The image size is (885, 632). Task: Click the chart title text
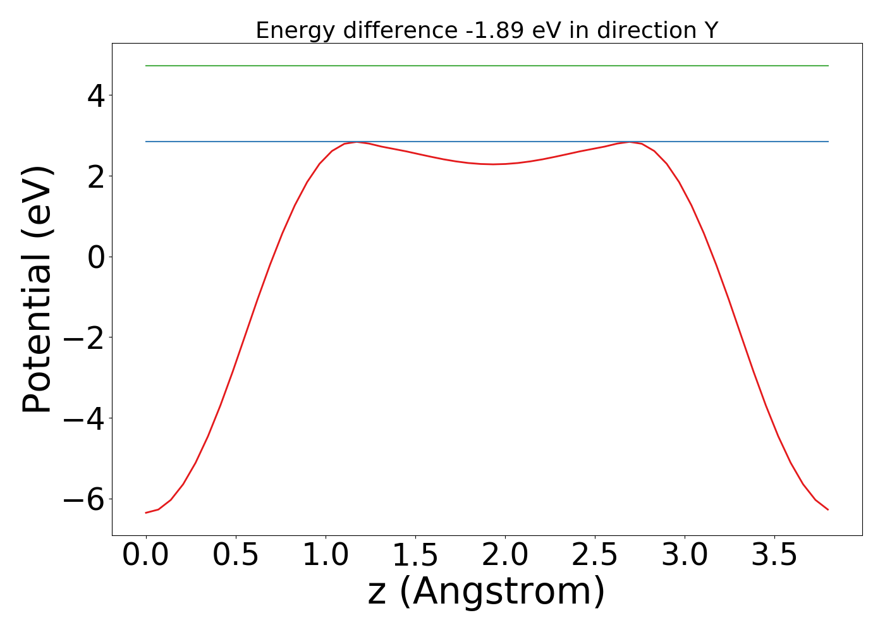click(487, 30)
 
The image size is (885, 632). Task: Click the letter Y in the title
click(711, 30)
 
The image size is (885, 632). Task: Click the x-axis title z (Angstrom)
click(487, 592)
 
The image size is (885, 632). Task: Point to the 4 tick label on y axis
click(97, 95)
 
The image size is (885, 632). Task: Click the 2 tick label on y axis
click(97, 176)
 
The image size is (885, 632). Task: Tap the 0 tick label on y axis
click(97, 257)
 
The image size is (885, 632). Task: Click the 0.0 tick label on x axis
click(146, 556)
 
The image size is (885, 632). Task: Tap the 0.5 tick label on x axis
click(236, 556)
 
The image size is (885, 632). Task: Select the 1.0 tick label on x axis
click(326, 556)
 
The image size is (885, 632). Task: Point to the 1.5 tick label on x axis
click(415, 556)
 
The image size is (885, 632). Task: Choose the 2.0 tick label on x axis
click(505, 556)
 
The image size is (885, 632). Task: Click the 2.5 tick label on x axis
click(595, 556)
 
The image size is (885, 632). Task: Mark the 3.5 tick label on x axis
click(774, 556)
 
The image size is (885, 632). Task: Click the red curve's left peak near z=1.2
click(358, 142)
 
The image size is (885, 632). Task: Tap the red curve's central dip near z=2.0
click(493, 164)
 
